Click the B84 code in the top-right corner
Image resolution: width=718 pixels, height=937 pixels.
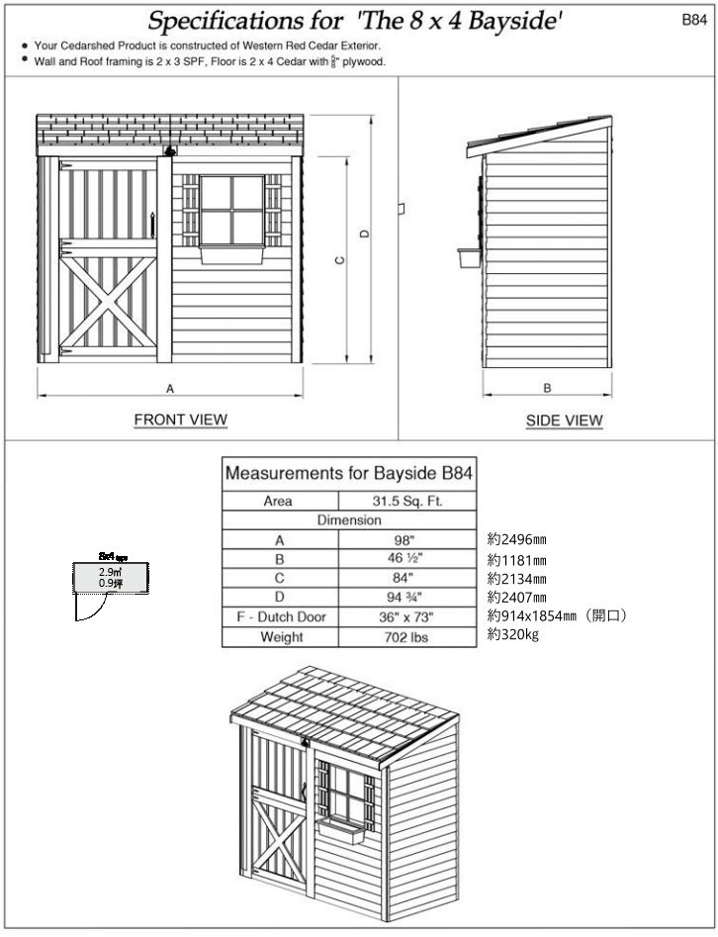[x=694, y=19]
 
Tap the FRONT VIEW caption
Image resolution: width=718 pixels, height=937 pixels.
[x=180, y=420]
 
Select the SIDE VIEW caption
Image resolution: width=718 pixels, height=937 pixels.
[x=564, y=421]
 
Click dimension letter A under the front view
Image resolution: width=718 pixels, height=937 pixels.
[x=170, y=389]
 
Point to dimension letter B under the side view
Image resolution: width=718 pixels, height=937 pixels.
[x=547, y=388]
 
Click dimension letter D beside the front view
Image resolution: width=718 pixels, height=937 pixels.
[x=364, y=234]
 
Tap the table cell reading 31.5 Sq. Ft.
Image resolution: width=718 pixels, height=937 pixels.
[x=407, y=501]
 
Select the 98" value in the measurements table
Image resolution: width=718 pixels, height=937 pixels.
[x=407, y=539]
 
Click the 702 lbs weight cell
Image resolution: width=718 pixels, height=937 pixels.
[x=407, y=636]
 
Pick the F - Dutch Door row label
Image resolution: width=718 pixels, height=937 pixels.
[x=281, y=616]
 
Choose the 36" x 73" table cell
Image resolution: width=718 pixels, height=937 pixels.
[x=407, y=616]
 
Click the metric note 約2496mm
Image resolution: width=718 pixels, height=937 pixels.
[x=517, y=539]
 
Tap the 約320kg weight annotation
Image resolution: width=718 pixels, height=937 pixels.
[x=512, y=635]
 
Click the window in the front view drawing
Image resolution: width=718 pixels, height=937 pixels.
[x=232, y=210]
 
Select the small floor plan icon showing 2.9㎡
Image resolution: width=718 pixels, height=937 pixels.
[x=110, y=578]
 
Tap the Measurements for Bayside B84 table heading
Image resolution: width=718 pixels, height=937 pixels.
[x=348, y=473]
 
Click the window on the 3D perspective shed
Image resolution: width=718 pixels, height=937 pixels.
[x=345, y=797]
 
